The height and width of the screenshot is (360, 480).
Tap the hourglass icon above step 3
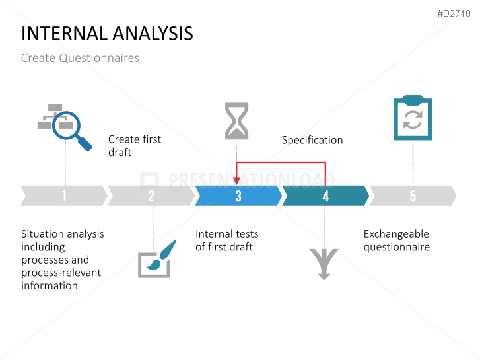coord(236,121)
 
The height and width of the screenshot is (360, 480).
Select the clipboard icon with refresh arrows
coord(413,118)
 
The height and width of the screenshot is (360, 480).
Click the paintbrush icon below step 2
coord(156,259)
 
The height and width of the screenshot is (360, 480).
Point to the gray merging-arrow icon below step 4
coord(324,264)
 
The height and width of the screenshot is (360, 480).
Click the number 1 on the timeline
coord(64,196)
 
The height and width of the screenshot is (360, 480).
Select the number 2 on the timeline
coord(151,196)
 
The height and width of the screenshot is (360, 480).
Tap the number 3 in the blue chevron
coord(238,196)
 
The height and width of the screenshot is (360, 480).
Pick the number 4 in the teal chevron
coord(326,196)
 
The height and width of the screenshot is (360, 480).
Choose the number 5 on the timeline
coord(413,196)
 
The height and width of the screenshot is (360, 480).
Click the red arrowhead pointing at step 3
coord(236,181)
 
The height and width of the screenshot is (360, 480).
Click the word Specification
coord(312,140)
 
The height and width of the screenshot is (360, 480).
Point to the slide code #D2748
coord(454,13)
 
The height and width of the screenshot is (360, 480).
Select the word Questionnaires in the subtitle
coord(99,58)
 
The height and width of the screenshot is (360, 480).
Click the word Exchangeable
coord(396,234)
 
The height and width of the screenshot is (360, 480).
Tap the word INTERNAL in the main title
coord(65,34)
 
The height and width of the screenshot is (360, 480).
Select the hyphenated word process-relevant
coord(61,273)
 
